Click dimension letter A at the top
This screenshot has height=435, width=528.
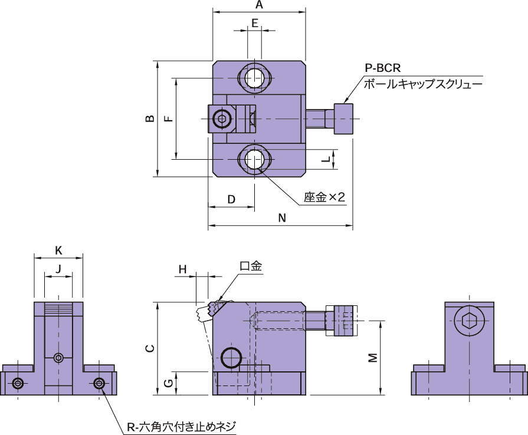[259, 5]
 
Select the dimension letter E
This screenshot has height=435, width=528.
[255, 23]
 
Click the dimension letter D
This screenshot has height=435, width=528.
[231, 199]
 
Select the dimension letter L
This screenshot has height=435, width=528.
[325, 159]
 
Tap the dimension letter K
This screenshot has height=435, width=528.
[58, 250]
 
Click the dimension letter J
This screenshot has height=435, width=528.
[58, 269]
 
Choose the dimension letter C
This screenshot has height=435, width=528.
[150, 349]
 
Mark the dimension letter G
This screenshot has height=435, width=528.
[168, 383]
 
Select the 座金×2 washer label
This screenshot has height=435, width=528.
[324, 197]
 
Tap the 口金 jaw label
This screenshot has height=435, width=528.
[251, 266]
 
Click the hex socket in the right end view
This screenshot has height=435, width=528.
[470, 321]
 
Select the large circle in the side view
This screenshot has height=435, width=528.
[231, 357]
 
